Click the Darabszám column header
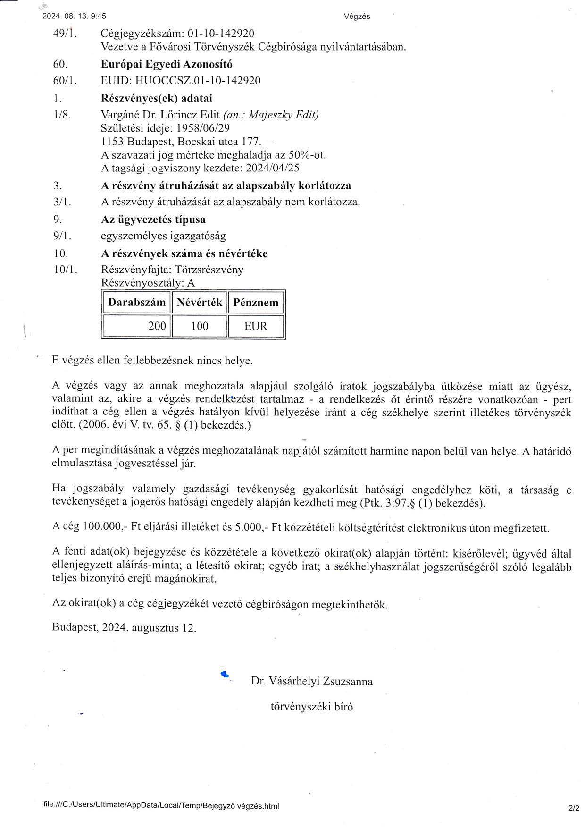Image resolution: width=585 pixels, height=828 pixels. [137, 303]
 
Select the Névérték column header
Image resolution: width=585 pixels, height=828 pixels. [199, 303]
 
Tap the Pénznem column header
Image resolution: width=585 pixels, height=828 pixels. [256, 303]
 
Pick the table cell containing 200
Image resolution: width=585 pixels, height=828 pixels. [137, 326]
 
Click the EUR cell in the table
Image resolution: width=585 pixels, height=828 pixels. [256, 326]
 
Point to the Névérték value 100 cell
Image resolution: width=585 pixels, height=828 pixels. [199, 326]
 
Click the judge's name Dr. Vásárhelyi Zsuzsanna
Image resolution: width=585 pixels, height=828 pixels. [312, 681]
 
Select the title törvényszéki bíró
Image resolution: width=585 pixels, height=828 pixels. [311, 707]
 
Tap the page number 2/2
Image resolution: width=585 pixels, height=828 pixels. [574, 809]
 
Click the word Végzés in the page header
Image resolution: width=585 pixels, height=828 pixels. [357, 17]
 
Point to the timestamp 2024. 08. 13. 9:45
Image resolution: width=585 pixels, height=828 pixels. [74, 16]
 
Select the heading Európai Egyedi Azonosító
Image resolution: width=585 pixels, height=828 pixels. [167, 64]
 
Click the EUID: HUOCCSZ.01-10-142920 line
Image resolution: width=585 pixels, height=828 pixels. [181, 80]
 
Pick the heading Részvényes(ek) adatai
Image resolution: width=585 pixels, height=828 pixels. [157, 98]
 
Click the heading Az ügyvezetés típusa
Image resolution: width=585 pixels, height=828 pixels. [153, 220]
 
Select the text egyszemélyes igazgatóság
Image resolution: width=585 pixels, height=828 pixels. [163, 236]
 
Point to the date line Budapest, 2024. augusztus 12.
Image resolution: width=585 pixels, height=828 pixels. [124, 628]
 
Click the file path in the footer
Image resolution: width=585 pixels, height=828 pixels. [161, 806]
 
